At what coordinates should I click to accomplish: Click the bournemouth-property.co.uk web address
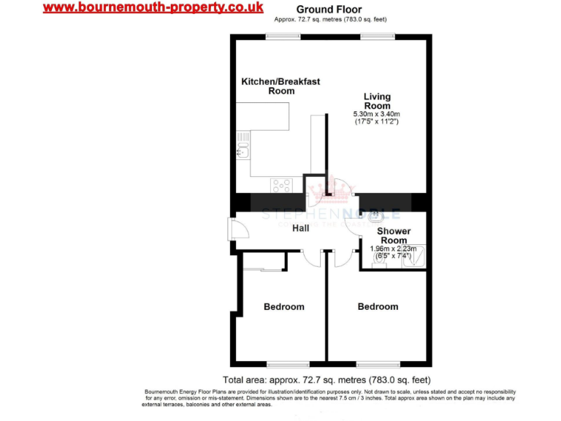click(x=153, y=8)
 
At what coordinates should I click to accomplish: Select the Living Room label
click(x=377, y=101)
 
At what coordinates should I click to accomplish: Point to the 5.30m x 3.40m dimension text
click(x=376, y=115)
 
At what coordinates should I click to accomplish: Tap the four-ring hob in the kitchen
click(x=281, y=186)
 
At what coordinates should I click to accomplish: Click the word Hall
click(x=300, y=229)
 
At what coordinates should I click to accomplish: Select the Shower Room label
click(x=394, y=235)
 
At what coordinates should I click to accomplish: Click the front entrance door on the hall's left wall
click(x=230, y=228)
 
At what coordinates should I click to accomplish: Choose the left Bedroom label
click(x=283, y=306)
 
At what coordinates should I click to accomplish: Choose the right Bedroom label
click(x=378, y=306)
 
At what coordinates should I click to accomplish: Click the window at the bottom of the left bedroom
click(x=287, y=364)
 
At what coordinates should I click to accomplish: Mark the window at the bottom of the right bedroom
click(x=378, y=364)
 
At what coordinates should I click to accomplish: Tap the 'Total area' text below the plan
click(x=327, y=380)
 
